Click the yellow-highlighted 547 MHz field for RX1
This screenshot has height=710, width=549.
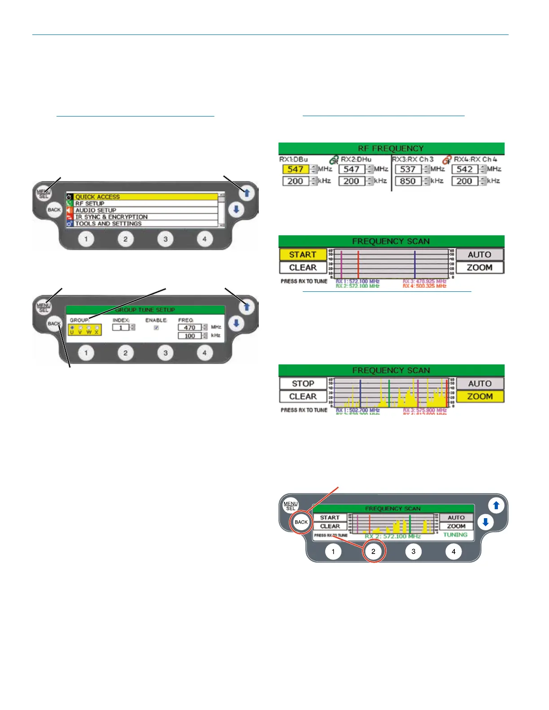(296, 169)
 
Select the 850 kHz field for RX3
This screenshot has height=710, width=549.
(408, 181)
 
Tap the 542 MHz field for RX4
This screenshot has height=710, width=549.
(464, 169)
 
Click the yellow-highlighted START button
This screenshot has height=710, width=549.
(303, 255)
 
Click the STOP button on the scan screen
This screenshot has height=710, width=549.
(303, 384)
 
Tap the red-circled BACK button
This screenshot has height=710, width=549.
(301, 522)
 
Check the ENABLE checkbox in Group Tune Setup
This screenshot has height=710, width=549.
(156, 328)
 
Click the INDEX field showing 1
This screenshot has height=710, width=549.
(121, 328)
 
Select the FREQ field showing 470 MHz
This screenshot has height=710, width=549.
(190, 328)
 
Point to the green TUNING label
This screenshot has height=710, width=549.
(455, 535)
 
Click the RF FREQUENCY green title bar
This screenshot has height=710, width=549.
(391, 148)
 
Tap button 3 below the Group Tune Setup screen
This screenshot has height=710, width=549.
(166, 353)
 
